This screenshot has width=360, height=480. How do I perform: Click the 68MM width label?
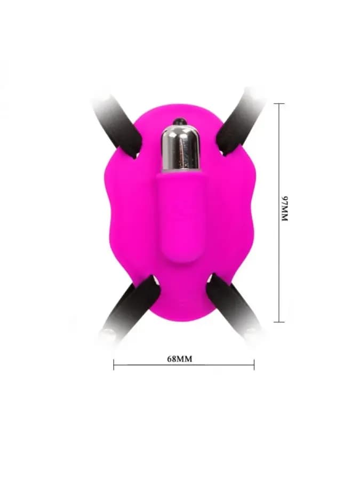click(180, 359)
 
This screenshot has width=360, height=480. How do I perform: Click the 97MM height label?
click(285, 209)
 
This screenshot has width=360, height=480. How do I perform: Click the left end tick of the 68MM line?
click(114, 365)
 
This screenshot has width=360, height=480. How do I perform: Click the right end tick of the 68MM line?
click(254, 365)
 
